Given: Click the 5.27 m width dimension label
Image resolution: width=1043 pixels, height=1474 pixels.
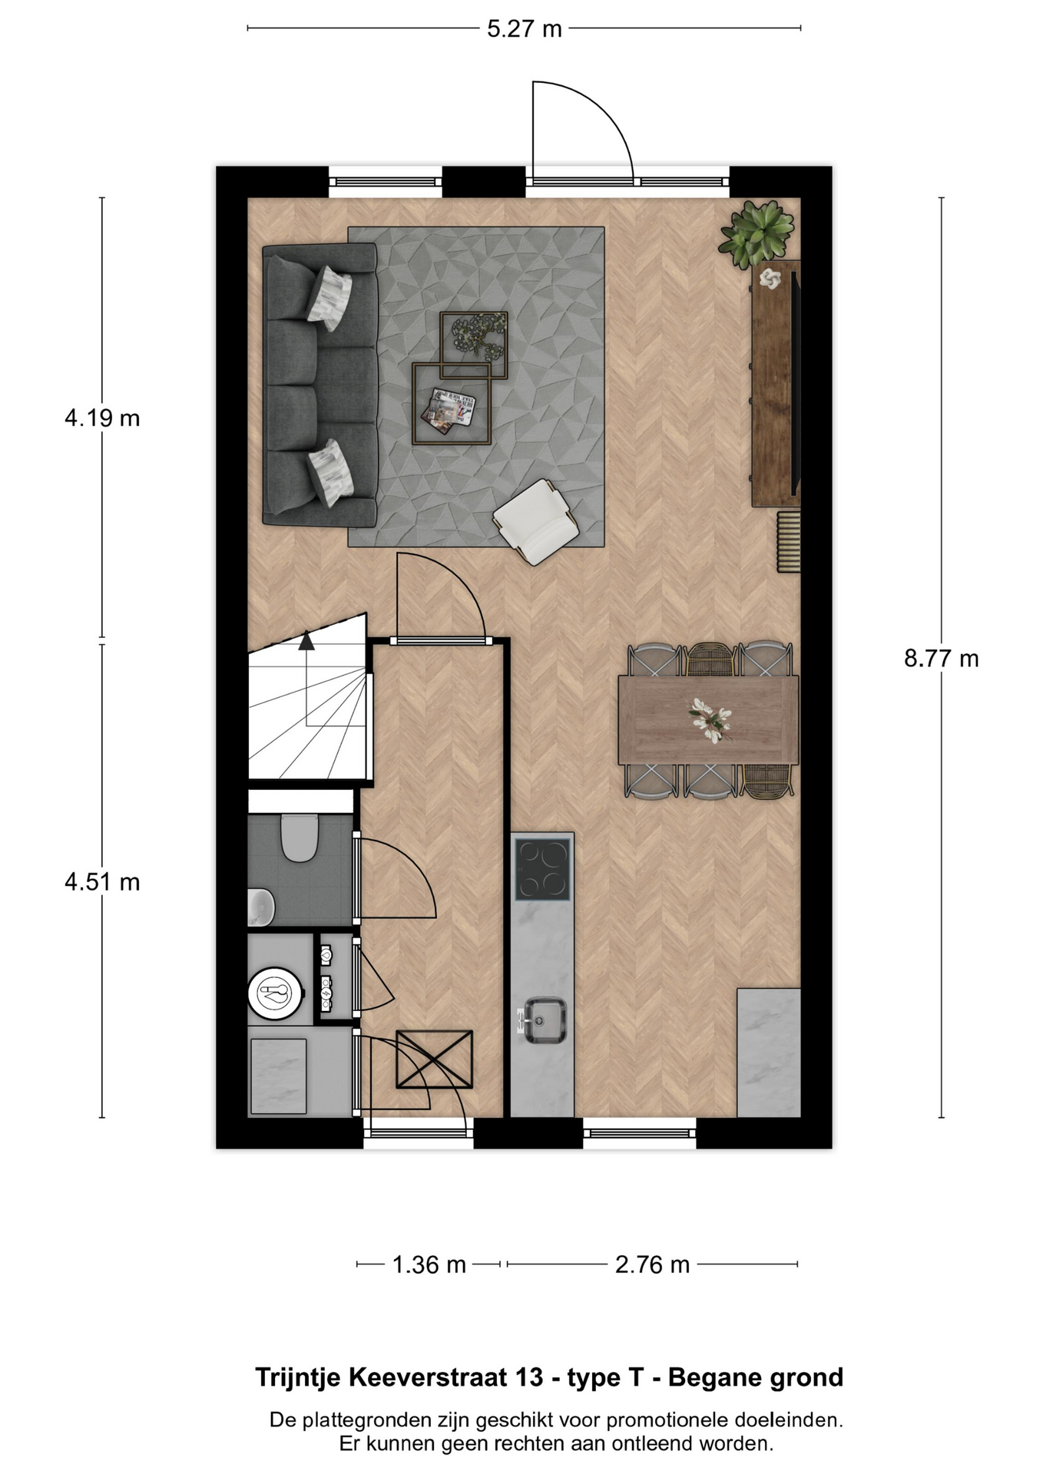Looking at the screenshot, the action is coord(525,29).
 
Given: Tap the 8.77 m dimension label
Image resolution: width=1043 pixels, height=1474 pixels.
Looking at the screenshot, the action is coord(941,659).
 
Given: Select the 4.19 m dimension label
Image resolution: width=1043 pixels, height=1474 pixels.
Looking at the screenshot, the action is coord(102,418).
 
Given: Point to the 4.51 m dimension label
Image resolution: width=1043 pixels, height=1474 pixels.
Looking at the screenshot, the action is coord(102,882).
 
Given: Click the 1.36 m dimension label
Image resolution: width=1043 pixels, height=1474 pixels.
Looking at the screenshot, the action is coord(429,1264).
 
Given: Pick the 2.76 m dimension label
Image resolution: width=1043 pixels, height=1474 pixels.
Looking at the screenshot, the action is coord(652,1264).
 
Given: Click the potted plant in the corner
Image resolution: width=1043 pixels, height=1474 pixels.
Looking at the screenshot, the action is coord(757,233).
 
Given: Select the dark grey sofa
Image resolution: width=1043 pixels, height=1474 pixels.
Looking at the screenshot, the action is coord(320,385).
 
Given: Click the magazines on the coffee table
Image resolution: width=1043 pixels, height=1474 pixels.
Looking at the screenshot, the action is coord(451,408).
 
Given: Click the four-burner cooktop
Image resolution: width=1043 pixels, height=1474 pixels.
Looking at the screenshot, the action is coord(543,868).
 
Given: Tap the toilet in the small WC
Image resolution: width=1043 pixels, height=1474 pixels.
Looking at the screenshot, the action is coord(300,838).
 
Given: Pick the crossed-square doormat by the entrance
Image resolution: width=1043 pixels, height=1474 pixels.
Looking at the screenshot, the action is coord(434,1059).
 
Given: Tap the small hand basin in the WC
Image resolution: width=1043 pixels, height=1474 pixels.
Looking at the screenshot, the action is coord(260,907).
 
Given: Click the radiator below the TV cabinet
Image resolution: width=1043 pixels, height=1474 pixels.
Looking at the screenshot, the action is coord(789,542).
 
